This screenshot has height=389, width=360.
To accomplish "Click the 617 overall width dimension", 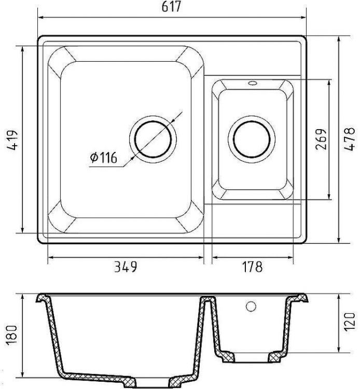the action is tap(171, 7).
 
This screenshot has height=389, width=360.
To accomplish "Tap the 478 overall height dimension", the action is tap(350, 140).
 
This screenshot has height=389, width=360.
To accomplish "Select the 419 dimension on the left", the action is tap(12, 140).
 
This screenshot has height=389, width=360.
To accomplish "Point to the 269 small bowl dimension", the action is tap(321, 139).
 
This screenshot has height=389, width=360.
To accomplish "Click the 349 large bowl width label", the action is tap(126, 267).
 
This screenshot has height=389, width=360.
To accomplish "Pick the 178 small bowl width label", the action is tap(252, 267).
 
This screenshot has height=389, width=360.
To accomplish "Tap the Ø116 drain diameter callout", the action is tap(103, 158).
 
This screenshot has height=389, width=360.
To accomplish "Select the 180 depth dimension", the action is tap(11, 336).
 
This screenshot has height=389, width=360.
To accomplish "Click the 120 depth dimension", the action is tap(350, 322).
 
